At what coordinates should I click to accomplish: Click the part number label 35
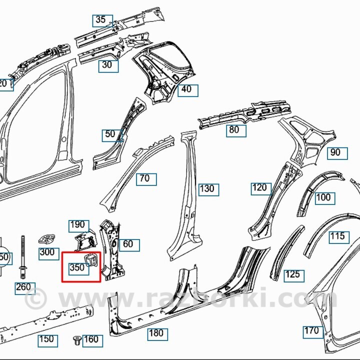(100, 20)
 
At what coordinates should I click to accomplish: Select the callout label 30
(107, 64)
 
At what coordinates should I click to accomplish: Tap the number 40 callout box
(186, 90)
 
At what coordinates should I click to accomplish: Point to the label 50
(110, 134)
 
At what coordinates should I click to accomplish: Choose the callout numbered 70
(144, 178)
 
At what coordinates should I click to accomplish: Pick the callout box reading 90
(335, 153)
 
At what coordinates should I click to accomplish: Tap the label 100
(323, 197)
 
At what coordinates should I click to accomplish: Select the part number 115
(337, 236)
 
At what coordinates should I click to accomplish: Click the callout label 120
(259, 188)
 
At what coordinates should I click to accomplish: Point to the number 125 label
(292, 274)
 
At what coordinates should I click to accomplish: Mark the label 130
(206, 188)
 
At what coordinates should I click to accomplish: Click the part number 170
(311, 330)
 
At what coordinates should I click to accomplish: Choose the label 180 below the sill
(156, 333)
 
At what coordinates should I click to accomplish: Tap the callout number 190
(77, 225)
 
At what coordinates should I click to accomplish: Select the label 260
(23, 287)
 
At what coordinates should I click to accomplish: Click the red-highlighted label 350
(77, 267)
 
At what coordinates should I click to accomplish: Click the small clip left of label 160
(77, 340)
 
